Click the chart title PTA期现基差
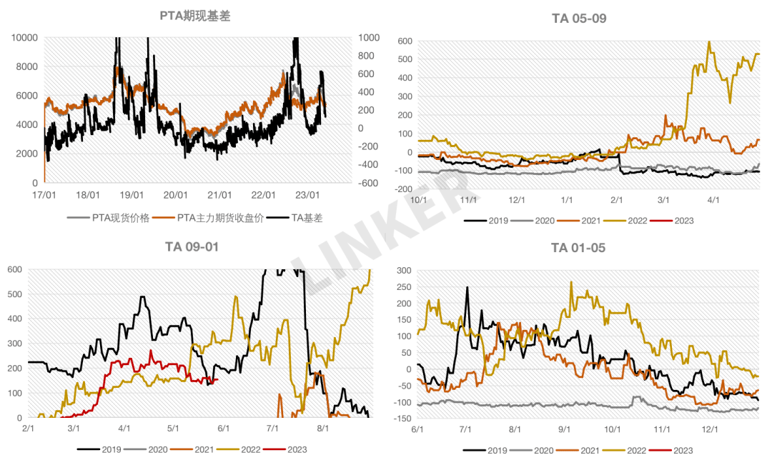pos(194,16)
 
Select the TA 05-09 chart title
pos(579,19)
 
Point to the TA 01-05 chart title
pos(579,248)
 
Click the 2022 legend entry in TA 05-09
pos(637,220)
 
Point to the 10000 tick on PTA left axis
pos(24,37)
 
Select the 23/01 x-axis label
pos(307,195)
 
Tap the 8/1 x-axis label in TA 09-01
pos(322,429)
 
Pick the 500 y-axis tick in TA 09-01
pos(15,294)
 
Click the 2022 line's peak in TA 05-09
pos(709,42)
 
